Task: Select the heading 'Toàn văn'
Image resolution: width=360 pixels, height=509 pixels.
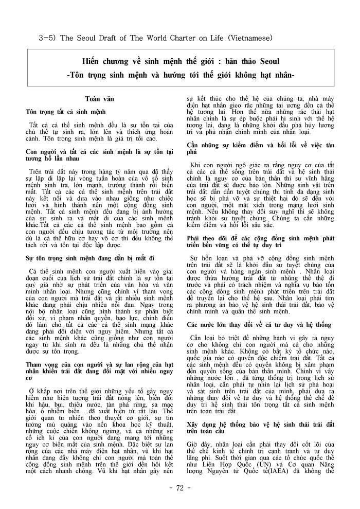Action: [x=99, y=98]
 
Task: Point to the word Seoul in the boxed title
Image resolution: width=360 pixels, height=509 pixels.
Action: [x=266, y=62]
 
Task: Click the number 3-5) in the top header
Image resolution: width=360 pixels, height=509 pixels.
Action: [x=49, y=38]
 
